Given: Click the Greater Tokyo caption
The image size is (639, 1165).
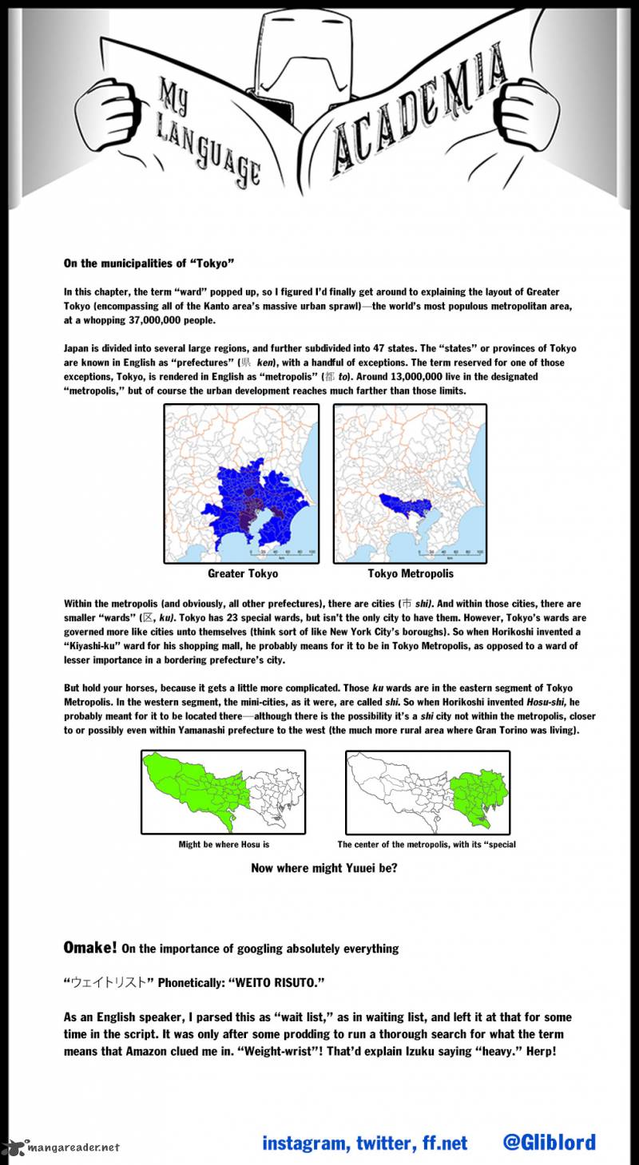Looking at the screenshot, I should [243, 574].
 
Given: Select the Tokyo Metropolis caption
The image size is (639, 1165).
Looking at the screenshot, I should [411, 574].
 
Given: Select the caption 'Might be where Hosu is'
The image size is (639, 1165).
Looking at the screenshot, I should [229, 844].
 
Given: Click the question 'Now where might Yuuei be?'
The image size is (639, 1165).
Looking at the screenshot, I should [323, 868].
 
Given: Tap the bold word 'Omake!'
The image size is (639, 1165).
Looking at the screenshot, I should [90, 948].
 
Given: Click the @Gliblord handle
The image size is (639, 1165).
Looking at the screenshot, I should [549, 1143].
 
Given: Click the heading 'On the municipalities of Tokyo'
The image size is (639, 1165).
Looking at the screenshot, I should [149, 263].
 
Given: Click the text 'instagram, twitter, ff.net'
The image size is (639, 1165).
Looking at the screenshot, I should [365, 1143].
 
